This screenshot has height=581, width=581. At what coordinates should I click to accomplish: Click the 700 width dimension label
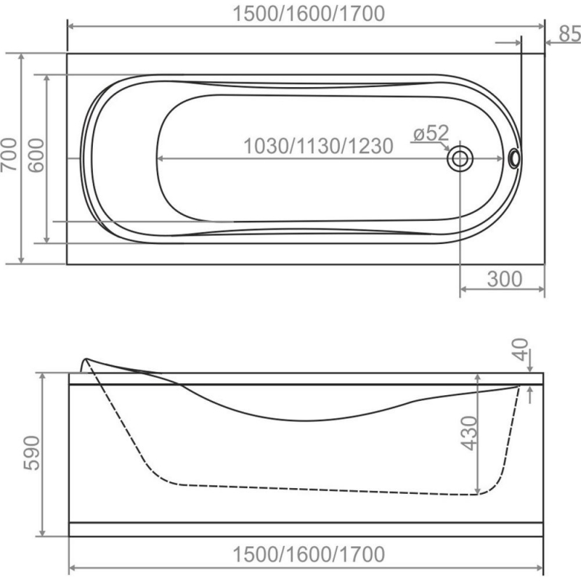click(9, 155)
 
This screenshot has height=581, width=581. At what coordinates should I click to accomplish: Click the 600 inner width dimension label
click(36, 155)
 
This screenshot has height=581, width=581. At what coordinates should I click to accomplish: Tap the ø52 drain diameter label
click(431, 133)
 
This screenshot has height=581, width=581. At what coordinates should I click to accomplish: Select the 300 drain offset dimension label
click(505, 279)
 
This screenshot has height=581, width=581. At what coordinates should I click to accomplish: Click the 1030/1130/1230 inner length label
click(318, 146)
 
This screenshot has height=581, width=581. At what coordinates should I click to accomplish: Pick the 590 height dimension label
click(32, 453)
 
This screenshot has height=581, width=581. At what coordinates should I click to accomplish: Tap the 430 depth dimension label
click(470, 433)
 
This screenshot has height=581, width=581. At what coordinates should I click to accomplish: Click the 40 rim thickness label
click(520, 349)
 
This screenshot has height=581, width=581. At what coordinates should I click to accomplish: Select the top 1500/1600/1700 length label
click(309, 14)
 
